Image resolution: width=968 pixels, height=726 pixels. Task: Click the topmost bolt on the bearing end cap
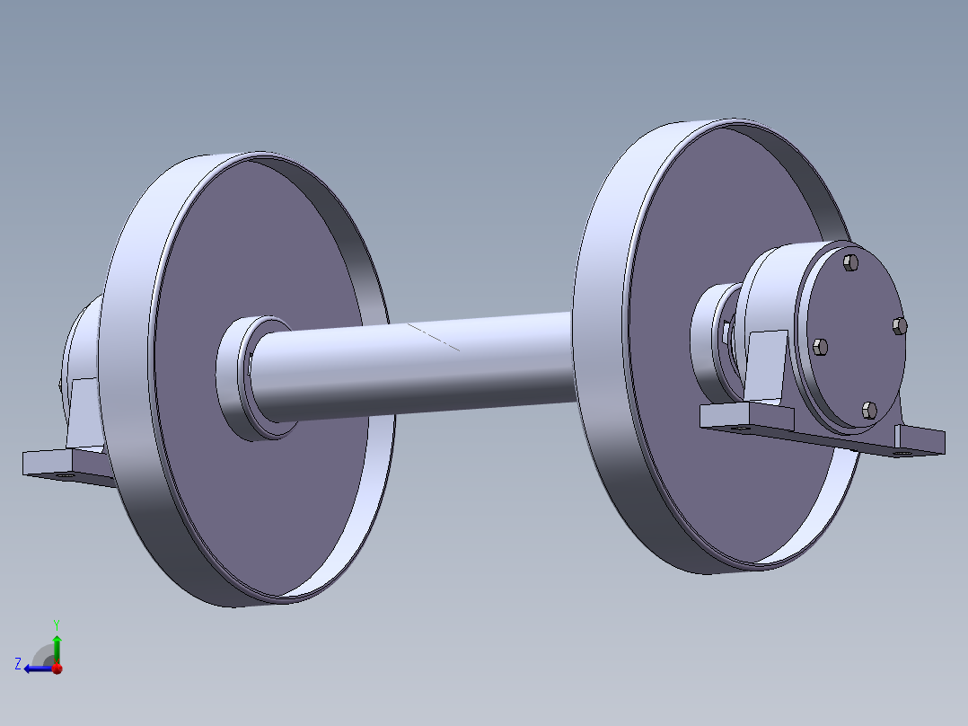click(851, 262)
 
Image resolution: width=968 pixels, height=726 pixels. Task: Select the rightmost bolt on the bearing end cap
click(901, 325)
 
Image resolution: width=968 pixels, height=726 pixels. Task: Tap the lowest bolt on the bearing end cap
click(867, 410)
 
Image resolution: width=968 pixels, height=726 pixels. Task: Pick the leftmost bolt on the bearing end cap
click(818, 347)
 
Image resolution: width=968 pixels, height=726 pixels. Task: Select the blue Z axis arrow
click(36, 668)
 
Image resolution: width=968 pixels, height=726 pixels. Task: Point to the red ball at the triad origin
click(57, 668)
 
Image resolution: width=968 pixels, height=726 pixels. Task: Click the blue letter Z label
click(17, 663)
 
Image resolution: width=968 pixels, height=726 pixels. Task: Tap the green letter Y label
click(57, 623)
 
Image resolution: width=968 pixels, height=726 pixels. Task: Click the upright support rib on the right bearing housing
click(768, 365)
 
